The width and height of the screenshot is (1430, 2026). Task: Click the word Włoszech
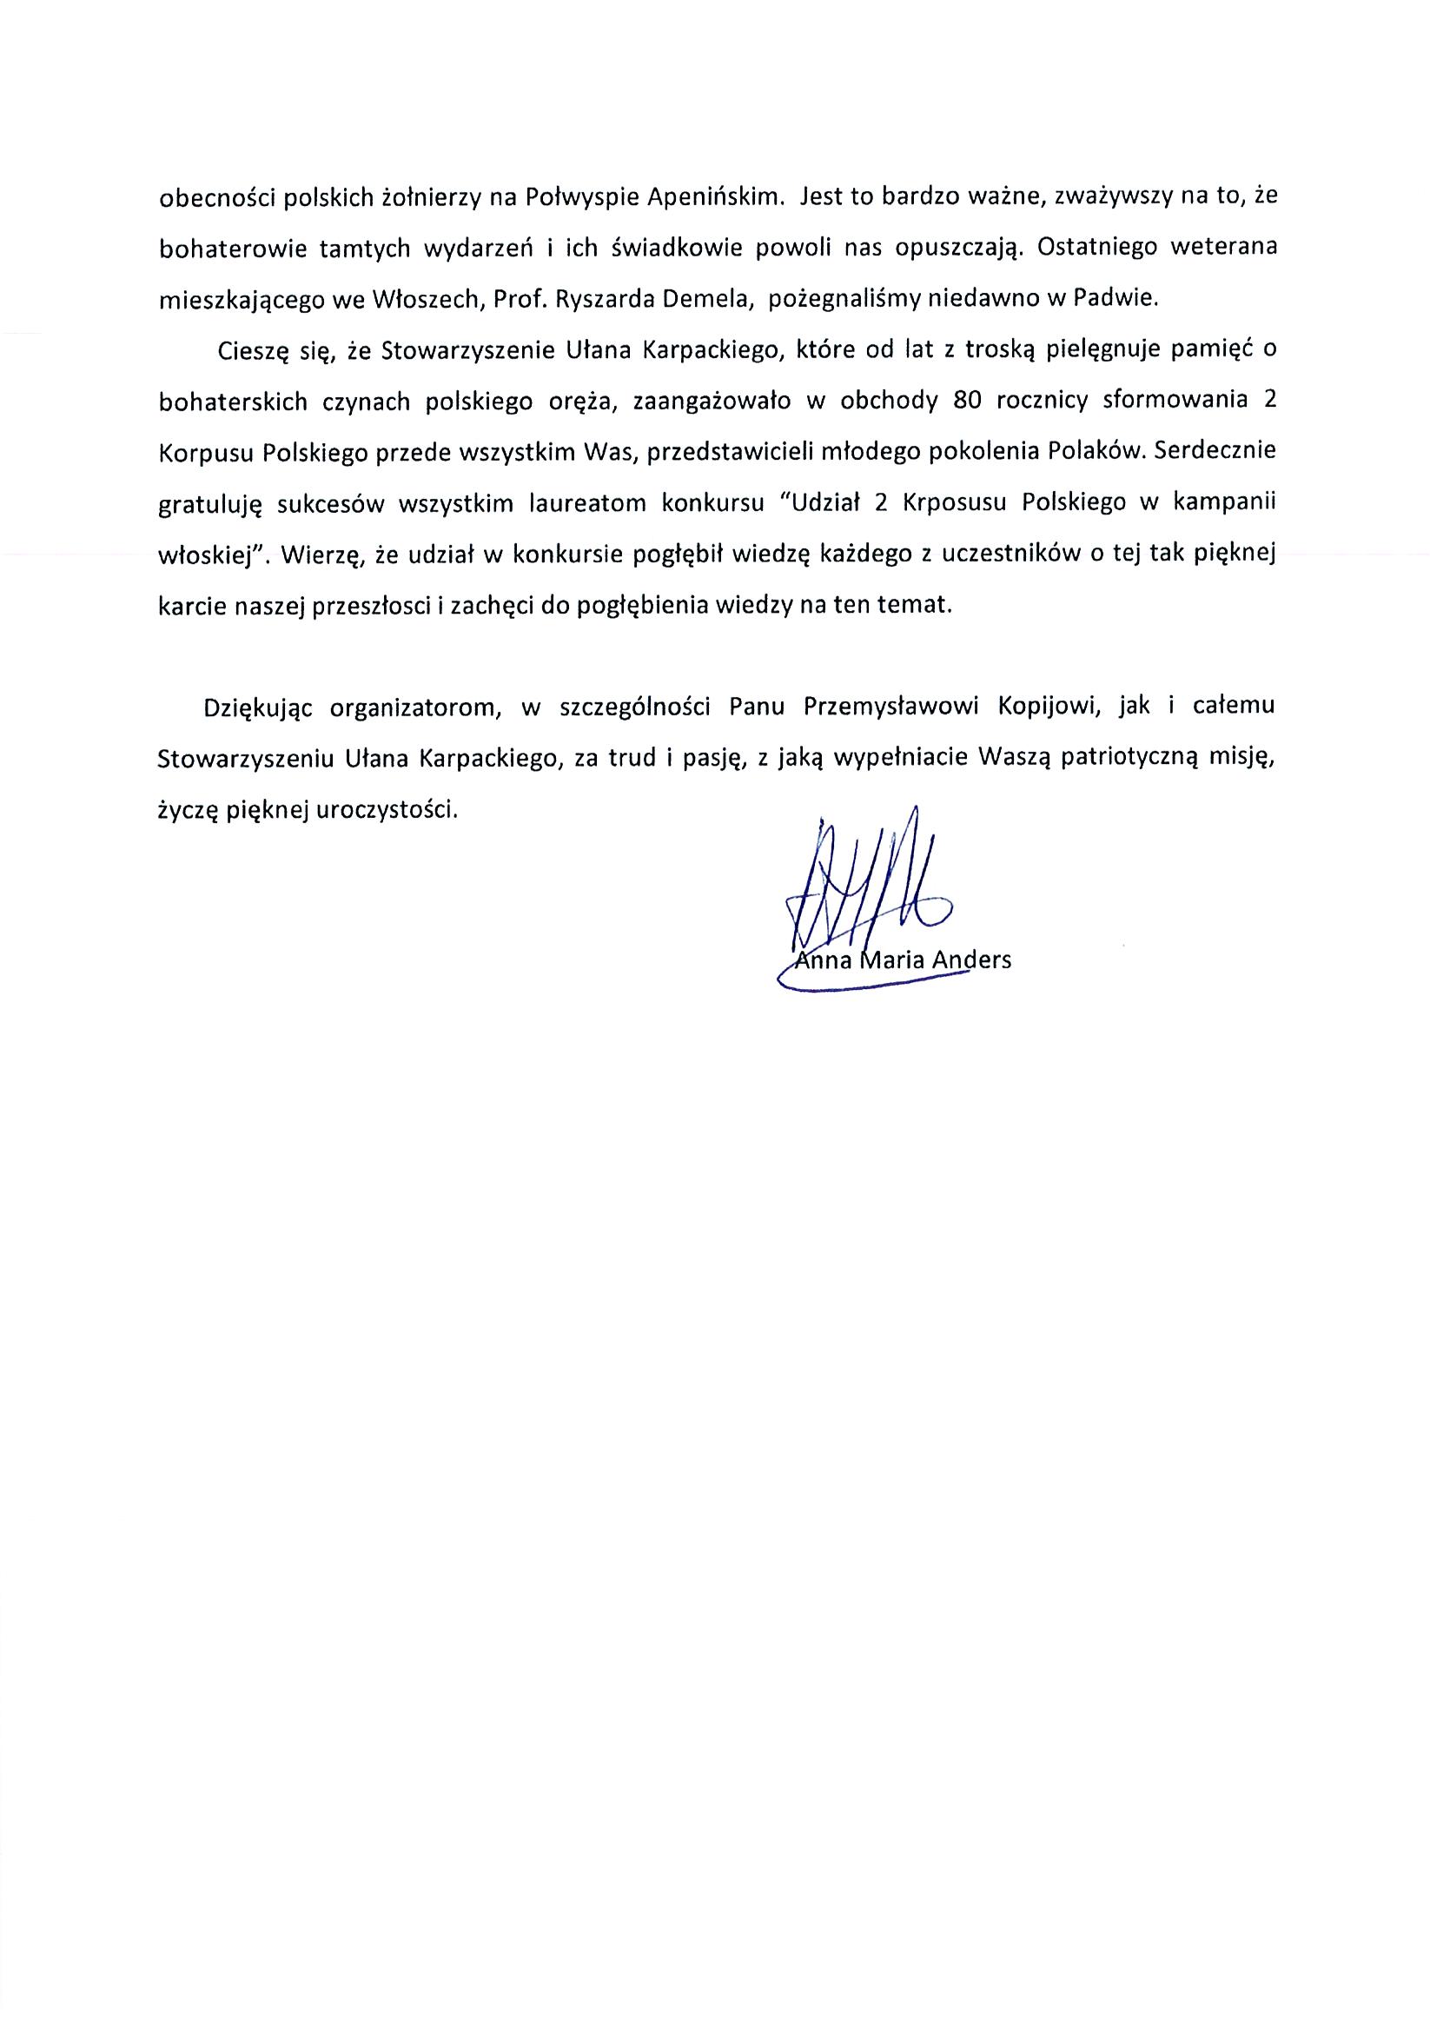coord(425,298)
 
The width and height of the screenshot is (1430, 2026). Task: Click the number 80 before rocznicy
coord(968,401)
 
